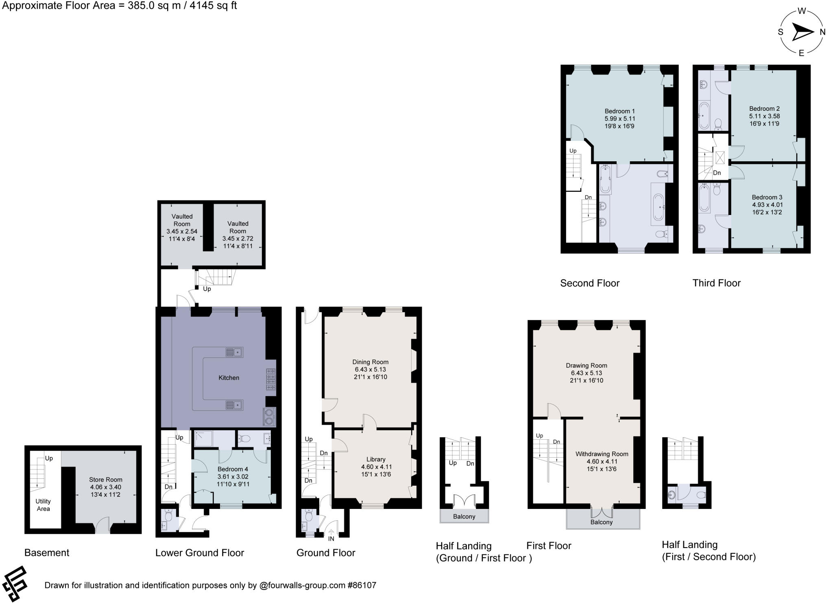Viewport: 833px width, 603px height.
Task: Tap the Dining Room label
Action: (370, 362)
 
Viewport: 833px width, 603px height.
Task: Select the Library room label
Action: (375, 459)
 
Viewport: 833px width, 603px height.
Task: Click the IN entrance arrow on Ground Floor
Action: (331, 532)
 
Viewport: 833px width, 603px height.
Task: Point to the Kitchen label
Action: (229, 378)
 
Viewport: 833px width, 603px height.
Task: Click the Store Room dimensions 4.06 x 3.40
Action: (106, 487)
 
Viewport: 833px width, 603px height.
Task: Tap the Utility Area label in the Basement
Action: (43, 505)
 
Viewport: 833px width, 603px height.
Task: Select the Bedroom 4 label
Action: (233, 469)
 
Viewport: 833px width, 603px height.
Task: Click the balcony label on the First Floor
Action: (601, 522)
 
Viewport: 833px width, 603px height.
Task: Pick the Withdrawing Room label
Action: (602, 454)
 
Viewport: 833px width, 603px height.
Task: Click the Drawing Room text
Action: (586, 366)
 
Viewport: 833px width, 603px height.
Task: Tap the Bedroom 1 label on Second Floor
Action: (619, 111)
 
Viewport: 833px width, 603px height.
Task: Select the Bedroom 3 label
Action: (767, 197)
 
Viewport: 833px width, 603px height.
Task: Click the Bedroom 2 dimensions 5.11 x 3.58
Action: (765, 116)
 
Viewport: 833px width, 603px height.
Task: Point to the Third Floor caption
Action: (716, 283)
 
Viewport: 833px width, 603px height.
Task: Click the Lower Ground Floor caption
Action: (199, 553)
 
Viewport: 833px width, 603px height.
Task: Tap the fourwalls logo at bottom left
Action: (15, 583)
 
